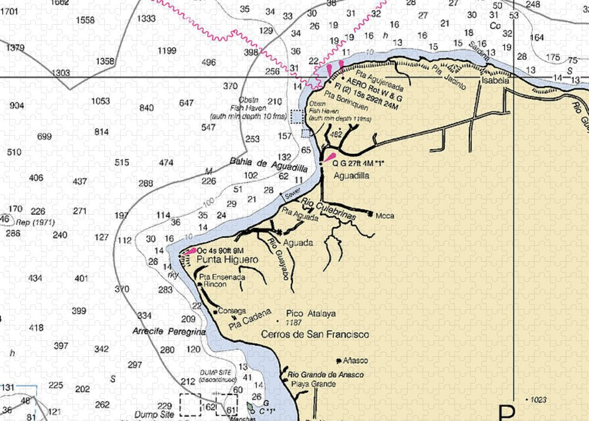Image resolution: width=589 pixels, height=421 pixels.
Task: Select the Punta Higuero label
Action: [x=219, y=259]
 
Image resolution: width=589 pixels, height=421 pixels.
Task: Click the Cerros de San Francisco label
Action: [x=315, y=334]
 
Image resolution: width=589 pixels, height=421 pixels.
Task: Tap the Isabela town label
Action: [x=495, y=81]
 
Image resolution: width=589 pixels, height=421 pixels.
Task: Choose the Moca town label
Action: [x=384, y=216]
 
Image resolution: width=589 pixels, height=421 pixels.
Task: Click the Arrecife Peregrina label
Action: [x=168, y=332]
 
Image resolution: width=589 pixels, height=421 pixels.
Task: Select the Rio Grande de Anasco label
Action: [x=325, y=375]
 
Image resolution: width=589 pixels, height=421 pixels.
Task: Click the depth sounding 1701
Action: [x=9, y=11]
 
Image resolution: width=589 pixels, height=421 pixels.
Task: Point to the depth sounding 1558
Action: [x=85, y=20]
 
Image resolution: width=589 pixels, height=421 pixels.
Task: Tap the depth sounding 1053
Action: [x=100, y=101]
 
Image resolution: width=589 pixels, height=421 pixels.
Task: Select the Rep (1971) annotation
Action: [x=31, y=222]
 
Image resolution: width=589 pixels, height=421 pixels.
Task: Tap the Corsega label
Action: [x=231, y=311]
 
